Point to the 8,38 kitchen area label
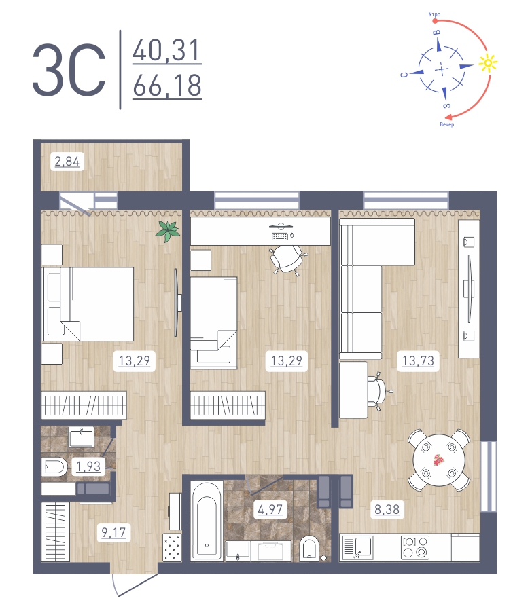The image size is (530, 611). [386, 508]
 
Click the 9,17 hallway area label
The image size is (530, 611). [113, 532]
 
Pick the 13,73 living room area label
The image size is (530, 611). [419, 360]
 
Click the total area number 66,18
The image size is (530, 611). [167, 87]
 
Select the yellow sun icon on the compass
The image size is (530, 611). [487, 63]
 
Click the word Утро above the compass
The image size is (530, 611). [435, 14]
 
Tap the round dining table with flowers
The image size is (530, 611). [440, 460]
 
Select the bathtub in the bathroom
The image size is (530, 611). [204, 519]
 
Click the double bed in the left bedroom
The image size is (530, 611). [88, 303]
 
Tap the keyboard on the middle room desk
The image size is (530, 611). [280, 237]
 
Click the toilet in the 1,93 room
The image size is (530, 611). [53, 466]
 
